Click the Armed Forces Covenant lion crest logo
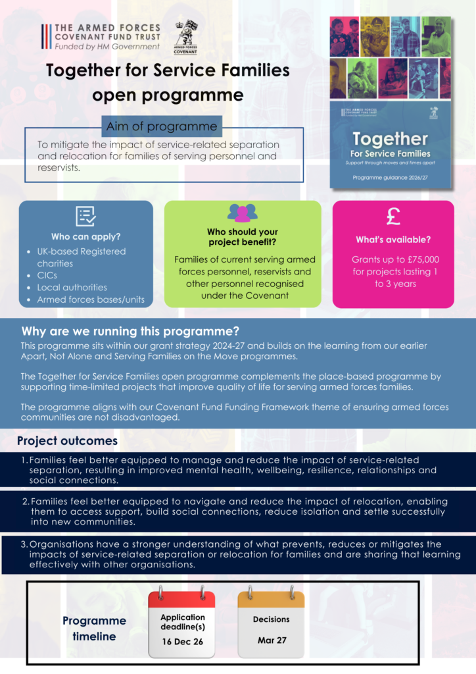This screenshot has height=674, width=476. (x=185, y=38)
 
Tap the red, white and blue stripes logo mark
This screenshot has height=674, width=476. (x=46, y=37)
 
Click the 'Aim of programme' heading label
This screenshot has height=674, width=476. (x=161, y=126)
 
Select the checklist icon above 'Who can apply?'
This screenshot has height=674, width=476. (x=86, y=216)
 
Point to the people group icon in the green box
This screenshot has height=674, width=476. (x=243, y=213)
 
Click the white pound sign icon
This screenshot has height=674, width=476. (x=393, y=216)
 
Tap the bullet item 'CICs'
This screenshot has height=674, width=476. (x=47, y=275)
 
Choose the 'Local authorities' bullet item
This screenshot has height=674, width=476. (x=72, y=287)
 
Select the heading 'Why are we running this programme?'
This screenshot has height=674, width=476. (x=130, y=332)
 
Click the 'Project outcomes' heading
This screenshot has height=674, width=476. (x=67, y=441)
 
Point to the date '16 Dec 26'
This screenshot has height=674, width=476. (x=182, y=642)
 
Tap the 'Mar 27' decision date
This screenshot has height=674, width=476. (x=272, y=640)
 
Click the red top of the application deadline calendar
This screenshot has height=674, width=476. (x=181, y=599)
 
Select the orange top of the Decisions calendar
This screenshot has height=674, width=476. (x=272, y=599)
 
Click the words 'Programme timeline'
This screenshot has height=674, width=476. (x=95, y=629)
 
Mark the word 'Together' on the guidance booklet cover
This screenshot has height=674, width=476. (x=390, y=139)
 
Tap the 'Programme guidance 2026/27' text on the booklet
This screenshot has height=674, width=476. (x=390, y=178)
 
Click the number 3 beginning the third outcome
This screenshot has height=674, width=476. (x=23, y=544)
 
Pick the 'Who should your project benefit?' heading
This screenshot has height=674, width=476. (x=243, y=237)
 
